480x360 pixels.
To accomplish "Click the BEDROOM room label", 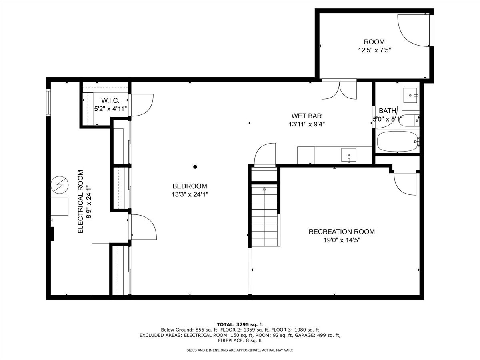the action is (x=190, y=186).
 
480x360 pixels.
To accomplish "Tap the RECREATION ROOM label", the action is (x=342, y=232).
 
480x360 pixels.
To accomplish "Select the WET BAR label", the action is (x=306, y=116).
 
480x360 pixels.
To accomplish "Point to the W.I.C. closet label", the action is (x=110, y=100).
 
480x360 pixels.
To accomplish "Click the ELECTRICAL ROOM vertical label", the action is (x=81, y=202).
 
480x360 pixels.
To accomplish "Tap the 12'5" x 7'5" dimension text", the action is (x=374, y=50).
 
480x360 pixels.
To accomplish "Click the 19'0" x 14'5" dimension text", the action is (x=342, y=240).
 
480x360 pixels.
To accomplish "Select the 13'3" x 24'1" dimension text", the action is (x=190, y=194).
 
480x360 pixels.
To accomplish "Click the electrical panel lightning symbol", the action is (x=60, y=185).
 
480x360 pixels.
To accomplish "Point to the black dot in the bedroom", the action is (x=195, y=167).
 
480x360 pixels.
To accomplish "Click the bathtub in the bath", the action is (x=397, y=142).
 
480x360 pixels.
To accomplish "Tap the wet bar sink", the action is (x=348, y=155).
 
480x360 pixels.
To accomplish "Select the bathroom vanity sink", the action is (x=410, y=96).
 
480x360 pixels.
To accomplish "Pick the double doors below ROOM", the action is (x=339, y=90).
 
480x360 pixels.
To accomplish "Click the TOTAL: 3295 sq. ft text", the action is (x=240, y=324).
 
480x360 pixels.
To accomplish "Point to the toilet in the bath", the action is (x=408, y=121).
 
